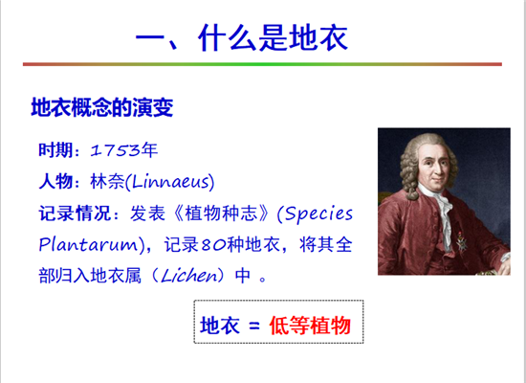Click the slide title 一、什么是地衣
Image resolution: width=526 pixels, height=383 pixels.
[242, 37]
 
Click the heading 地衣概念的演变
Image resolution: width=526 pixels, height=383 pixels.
[102, 107]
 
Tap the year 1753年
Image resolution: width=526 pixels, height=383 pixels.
[123, 149]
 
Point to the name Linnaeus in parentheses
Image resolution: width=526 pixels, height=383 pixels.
[170, 182]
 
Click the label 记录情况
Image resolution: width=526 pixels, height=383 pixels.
[75, 213]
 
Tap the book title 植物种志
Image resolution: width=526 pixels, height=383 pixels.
[221, 213]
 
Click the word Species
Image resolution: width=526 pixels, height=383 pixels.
[318, 214]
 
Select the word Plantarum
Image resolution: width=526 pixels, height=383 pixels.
[88, 244]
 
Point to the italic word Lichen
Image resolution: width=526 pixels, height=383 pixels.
[188, 276]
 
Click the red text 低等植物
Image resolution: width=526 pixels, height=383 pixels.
[310, 326]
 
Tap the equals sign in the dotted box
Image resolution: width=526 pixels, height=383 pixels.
[254, 326]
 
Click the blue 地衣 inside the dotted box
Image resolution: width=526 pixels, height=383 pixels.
[220, 326]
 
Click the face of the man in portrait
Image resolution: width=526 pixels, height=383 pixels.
[434, 166]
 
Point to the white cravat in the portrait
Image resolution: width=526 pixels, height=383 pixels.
[440, 212]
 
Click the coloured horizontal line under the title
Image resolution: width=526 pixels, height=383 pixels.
[262, 64]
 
